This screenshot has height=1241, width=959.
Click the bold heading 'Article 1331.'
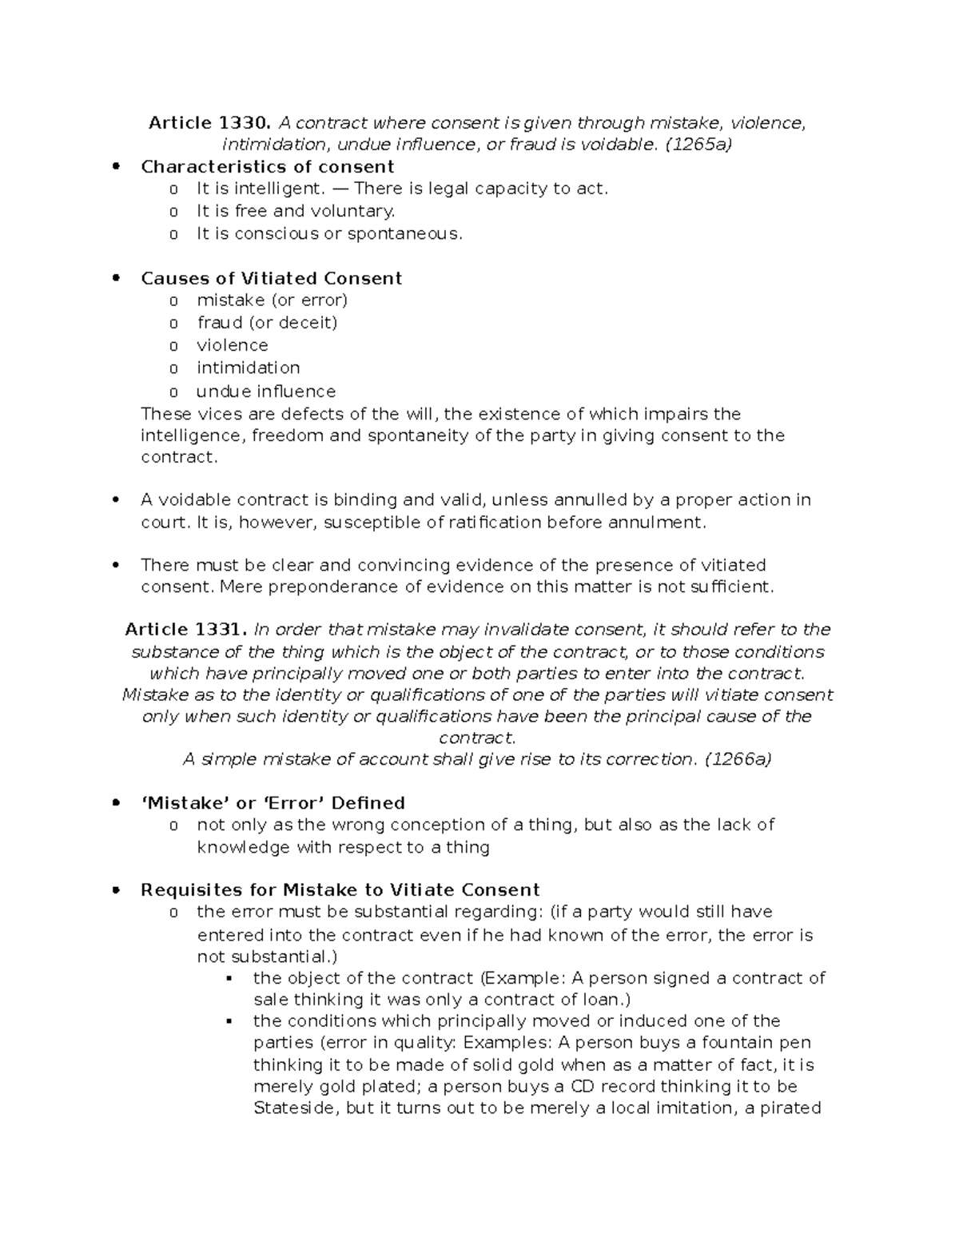click(187, 630)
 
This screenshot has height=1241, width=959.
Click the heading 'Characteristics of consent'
click(267, 167)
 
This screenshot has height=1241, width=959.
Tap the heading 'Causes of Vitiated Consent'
click(271, 279)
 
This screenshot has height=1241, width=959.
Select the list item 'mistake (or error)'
click(272, 300)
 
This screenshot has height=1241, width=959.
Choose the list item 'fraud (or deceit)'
click(267, 323)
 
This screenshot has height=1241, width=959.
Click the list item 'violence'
click(233, 345)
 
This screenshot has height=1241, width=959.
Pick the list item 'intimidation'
click(249, 368)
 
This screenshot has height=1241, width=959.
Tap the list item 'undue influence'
click(265, 392)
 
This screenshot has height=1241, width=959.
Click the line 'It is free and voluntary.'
click(296, 211)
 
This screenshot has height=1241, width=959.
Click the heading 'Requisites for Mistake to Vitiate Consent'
click(340, 890)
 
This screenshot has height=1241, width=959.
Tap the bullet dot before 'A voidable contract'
click(117, 500)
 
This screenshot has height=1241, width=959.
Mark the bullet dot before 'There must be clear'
click(117, 566)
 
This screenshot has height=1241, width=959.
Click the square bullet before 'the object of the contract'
click(229, 979)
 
